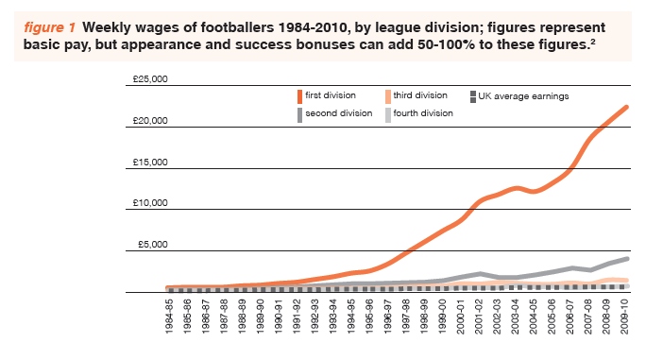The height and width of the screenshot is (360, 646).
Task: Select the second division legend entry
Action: click(336, 112)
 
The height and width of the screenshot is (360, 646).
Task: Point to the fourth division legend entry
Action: click(425, 112)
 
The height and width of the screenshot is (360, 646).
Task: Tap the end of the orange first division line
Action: click(627, 107)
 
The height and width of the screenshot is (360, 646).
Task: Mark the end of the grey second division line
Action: click(627, 258)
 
